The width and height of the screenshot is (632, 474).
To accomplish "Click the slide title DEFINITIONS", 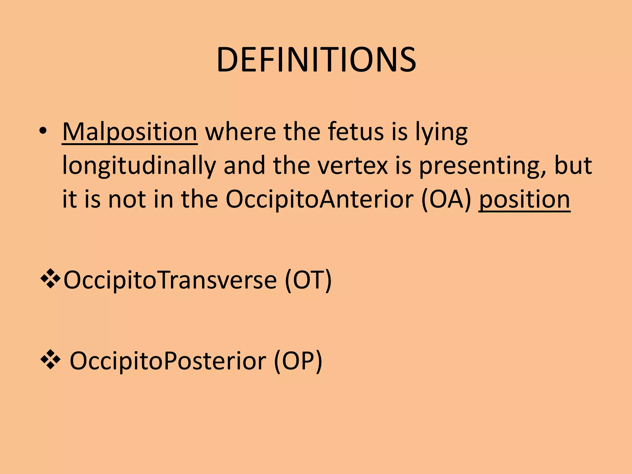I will [316, 60].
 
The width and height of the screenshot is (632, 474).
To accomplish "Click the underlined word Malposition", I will [130, 132].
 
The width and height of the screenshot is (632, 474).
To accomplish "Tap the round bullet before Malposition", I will [43, 131].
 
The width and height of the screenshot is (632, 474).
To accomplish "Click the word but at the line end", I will [573, 166].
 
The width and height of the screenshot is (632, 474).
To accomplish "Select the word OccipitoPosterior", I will [168, 361].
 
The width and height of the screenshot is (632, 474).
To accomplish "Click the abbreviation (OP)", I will [298, 361].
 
